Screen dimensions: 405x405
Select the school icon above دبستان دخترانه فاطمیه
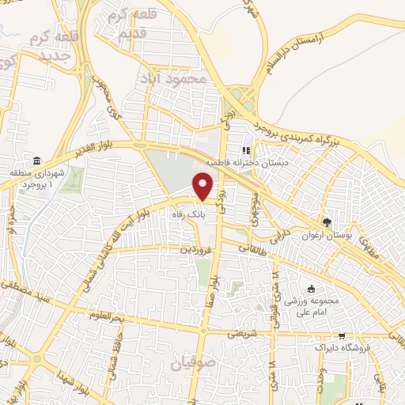click(x=247, y=150)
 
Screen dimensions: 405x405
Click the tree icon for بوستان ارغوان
click(x=326, y=221)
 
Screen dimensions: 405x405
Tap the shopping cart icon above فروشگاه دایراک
click(x=341, y=335)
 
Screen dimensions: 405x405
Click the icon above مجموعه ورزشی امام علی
click(x=311, y=289)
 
